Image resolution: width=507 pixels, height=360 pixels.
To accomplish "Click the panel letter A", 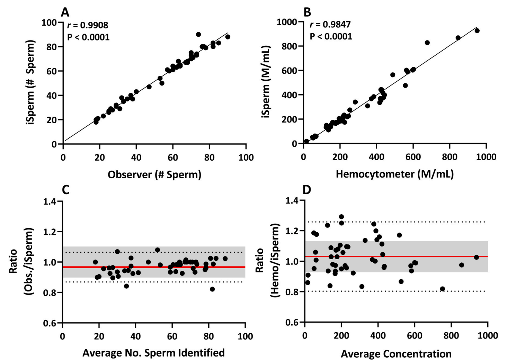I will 65,12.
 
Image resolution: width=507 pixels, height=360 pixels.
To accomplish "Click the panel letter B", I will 307,12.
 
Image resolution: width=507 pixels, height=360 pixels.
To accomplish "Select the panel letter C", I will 65,190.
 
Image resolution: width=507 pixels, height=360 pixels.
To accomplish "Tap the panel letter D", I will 307,190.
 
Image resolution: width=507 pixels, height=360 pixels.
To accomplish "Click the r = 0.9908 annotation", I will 88,25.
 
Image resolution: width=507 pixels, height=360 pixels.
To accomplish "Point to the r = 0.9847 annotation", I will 330,25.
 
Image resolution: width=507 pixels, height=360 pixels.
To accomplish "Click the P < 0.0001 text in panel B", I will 331,36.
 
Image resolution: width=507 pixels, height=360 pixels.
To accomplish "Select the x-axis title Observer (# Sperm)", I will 154,174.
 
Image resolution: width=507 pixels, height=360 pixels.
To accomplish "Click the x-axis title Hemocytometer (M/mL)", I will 394,174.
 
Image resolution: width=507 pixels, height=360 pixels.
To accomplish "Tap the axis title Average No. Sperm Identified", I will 153,353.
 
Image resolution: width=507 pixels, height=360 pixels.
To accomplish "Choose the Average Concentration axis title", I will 396,354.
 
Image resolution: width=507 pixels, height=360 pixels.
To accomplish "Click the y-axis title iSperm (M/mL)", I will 266,82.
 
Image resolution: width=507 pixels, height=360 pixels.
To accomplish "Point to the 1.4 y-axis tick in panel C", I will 50,201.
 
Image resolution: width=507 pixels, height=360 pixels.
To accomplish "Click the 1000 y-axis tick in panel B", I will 287,22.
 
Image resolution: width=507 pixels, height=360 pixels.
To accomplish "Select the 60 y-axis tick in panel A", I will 51,71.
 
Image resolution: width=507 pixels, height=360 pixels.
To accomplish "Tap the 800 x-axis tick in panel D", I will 451,335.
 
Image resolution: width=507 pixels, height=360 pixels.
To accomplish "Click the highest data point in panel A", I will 198,35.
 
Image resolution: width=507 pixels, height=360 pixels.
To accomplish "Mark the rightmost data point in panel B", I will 477,31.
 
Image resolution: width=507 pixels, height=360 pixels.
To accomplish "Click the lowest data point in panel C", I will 212,289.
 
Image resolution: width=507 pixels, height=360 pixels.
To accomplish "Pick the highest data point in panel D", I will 341,217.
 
